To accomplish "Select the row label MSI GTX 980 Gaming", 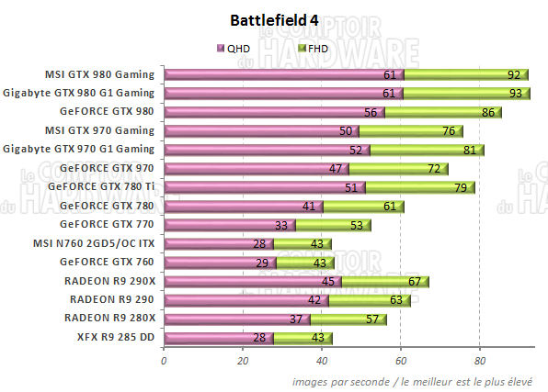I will [99, 74].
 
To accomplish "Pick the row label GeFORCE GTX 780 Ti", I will [104, 187].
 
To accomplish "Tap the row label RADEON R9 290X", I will [108, 281].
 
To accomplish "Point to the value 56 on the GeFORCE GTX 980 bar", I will [371, 112].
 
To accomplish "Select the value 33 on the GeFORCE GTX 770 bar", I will [281, 225].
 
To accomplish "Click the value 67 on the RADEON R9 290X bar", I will [416, 281].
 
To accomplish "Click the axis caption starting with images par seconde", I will [418, 380].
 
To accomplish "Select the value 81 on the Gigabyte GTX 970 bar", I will [470, 150].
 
